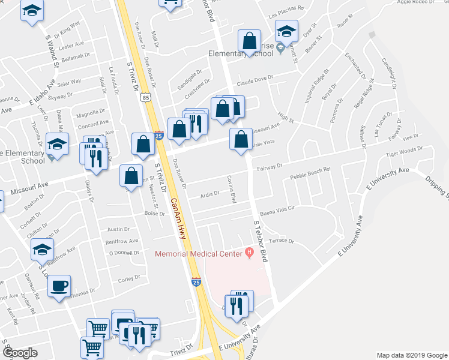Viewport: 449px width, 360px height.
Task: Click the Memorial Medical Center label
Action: pyautogui.click(x=199, y=254)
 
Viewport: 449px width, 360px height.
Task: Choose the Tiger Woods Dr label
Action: pyautogui.click(x=404, y=153)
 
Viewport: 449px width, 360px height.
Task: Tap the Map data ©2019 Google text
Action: pyautogui.click(x=412, y=355)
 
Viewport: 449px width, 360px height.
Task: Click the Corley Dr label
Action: pyautogui.click(x=129, y=278)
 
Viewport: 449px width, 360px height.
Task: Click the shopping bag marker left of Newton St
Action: pyautogui.click(x=131, y=176)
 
